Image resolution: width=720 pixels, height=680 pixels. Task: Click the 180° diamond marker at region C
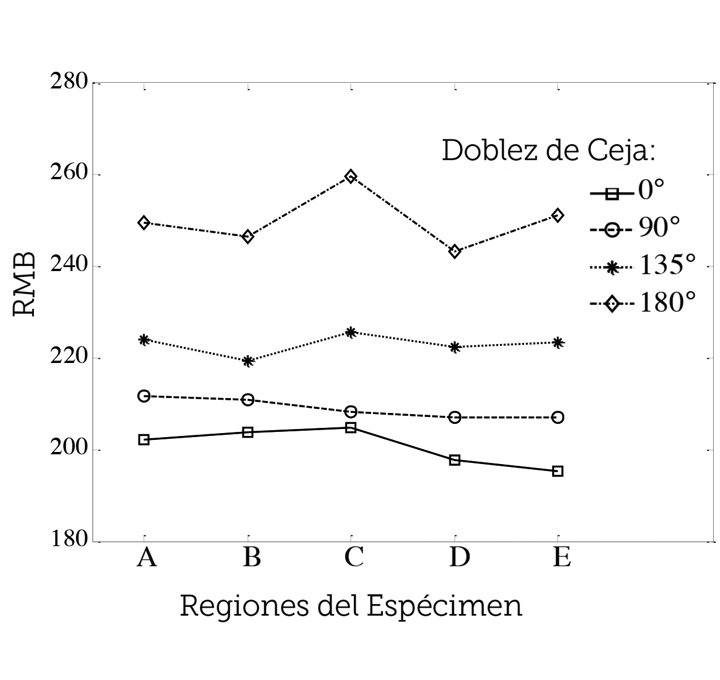(351, 176)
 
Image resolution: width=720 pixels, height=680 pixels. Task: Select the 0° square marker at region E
(557, 471)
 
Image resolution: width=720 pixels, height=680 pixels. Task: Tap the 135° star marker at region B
(248, 361)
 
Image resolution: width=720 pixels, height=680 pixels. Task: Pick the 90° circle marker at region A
(144, 396)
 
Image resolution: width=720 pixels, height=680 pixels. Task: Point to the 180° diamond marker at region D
(455, 251)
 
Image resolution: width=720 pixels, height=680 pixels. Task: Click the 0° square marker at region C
(351, 427)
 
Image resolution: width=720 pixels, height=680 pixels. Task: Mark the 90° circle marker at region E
(557, 417)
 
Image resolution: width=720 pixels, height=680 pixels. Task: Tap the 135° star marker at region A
(144, 339)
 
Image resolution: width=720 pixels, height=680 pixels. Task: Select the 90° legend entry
(635, 229)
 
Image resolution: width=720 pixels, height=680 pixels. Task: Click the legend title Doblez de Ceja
(549, 151)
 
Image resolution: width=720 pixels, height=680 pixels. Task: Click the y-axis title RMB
(25, 284)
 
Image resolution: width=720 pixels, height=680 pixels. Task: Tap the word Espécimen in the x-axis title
(444, 606)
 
